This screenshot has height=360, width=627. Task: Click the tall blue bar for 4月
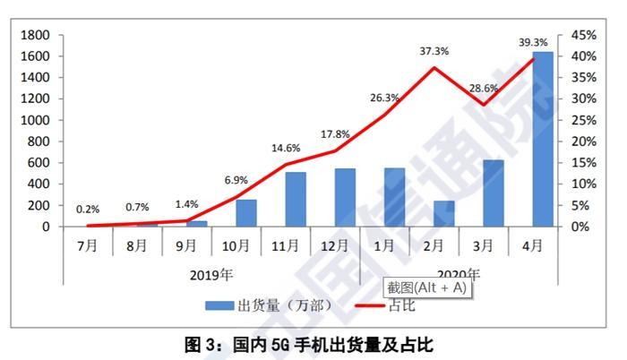coord(542,139)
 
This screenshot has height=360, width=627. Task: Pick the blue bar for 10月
coord(245,213)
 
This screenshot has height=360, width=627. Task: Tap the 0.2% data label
coord(88,210)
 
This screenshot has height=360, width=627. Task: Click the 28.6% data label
coord(488,88)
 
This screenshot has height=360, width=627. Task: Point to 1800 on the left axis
coord(36,35)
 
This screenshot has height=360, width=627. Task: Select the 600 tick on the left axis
coord(39,163)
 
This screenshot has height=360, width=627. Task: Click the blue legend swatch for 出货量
coord(219,305)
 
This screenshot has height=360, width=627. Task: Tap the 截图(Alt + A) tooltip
coord(427,287)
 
